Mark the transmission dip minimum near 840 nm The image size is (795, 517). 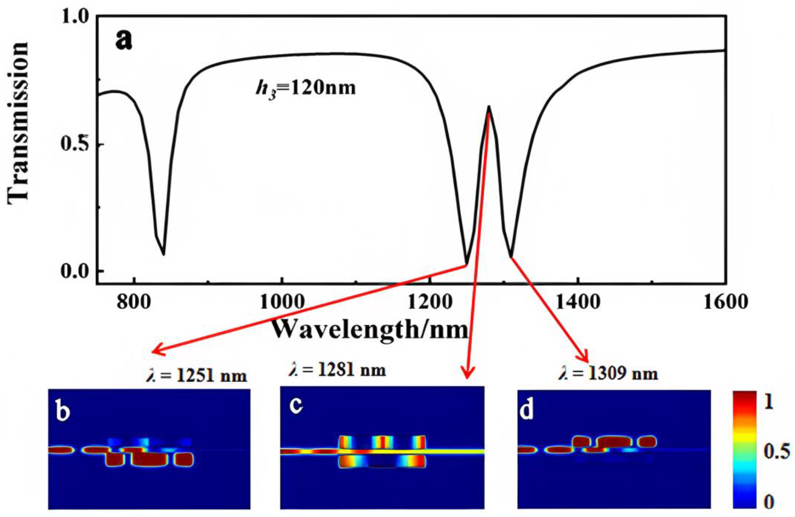pyautogui.click(x=163, y=255)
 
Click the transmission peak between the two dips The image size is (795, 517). pyautogui.click(x=489, y=107)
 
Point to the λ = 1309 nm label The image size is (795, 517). pyautogui.click(x=608, y=374)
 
